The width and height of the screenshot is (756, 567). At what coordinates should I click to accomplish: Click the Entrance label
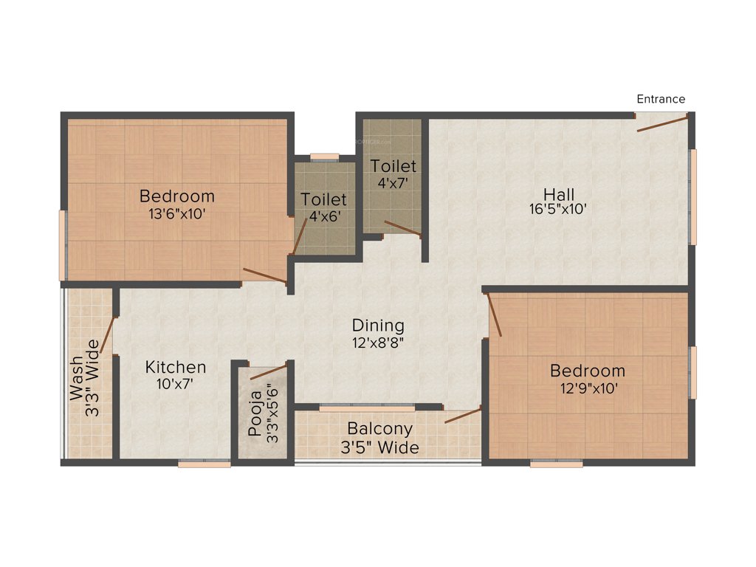661,99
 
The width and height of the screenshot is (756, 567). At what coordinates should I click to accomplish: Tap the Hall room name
559,194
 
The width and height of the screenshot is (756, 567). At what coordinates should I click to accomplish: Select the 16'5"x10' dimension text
559,209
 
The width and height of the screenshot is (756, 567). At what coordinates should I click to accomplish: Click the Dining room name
378,325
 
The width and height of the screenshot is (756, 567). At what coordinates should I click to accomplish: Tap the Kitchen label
176,367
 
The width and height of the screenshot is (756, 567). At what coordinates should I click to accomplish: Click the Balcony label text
379,429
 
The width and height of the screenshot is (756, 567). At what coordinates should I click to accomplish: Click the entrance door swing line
662,123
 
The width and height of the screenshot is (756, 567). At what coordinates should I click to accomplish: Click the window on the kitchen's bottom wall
204,464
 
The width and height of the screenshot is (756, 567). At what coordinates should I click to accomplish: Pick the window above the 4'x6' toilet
324,157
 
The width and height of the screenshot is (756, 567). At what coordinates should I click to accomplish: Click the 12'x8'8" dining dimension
378,342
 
